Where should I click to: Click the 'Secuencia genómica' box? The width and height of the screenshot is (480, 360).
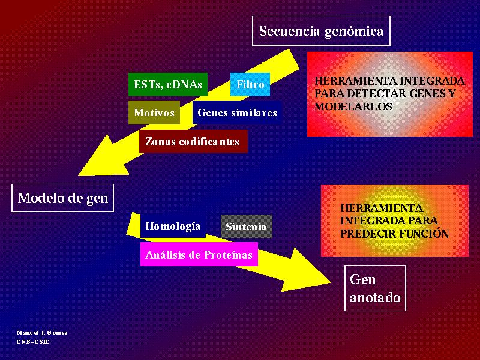coord(321,31)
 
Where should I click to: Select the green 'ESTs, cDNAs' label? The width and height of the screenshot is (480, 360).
coord(168,84)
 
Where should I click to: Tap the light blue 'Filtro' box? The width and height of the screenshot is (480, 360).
coord(250,84)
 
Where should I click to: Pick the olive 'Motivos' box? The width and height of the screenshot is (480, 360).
coord(154,112)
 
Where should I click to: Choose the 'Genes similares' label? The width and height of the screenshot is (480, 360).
coord(237,112)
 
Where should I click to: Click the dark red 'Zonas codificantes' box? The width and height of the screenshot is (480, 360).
coord(193,141)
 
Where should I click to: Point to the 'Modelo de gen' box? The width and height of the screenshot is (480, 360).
coord(63,198)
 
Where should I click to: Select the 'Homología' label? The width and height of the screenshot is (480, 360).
coord(173,226)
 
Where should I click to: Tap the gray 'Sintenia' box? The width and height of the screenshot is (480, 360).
coord(247,227)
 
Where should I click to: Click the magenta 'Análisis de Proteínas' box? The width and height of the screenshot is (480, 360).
coord(199,254)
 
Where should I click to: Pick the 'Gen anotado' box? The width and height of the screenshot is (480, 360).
coord(376,288)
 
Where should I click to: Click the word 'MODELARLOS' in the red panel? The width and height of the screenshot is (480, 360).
coord(353,107)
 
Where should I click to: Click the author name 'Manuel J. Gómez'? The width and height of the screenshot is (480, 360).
coord(42,333)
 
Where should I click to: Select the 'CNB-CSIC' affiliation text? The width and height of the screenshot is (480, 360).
coord(33,341)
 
